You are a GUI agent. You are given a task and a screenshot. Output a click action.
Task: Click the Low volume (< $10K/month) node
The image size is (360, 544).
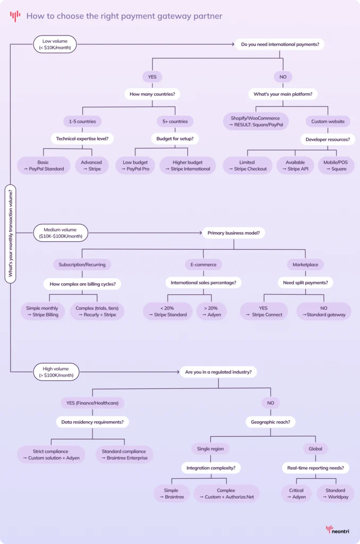pos(55,44)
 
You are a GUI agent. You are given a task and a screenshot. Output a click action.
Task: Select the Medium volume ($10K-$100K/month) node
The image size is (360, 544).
pos(60,233)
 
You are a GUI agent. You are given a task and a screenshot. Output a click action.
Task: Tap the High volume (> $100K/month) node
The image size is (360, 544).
pos(56,372)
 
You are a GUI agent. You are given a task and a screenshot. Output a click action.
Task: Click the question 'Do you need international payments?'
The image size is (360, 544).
pos(280,44)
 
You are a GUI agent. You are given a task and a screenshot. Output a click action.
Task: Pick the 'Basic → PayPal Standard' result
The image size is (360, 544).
pos(43,166)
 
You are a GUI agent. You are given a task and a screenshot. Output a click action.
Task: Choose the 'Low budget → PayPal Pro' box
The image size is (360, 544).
pos(135,166)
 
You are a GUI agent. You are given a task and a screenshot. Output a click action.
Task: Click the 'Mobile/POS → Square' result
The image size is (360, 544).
pos(336,166)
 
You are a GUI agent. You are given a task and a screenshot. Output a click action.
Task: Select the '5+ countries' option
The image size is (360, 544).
pos(175,121)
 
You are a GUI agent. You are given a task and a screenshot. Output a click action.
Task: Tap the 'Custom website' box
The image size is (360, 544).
pos(328,121)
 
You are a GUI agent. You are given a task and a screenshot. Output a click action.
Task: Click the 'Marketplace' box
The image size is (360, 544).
pos(305,265)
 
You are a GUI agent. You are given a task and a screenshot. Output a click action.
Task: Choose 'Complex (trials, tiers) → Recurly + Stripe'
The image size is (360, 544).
pos(97,311)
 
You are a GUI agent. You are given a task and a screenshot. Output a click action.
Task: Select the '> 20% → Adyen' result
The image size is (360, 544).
pos(211,311)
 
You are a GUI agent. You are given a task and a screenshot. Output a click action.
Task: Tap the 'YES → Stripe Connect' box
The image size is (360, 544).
pos(264,311)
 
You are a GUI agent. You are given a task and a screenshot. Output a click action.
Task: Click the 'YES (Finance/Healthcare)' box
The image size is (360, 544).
pos(92,403)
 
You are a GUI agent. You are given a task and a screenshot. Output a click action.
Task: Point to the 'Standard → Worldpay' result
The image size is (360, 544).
pos(335,494)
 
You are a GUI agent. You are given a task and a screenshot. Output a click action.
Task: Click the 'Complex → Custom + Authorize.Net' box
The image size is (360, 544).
pos(226,494)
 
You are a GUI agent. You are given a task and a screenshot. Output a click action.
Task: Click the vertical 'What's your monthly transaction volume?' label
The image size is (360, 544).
pos(11,234)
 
